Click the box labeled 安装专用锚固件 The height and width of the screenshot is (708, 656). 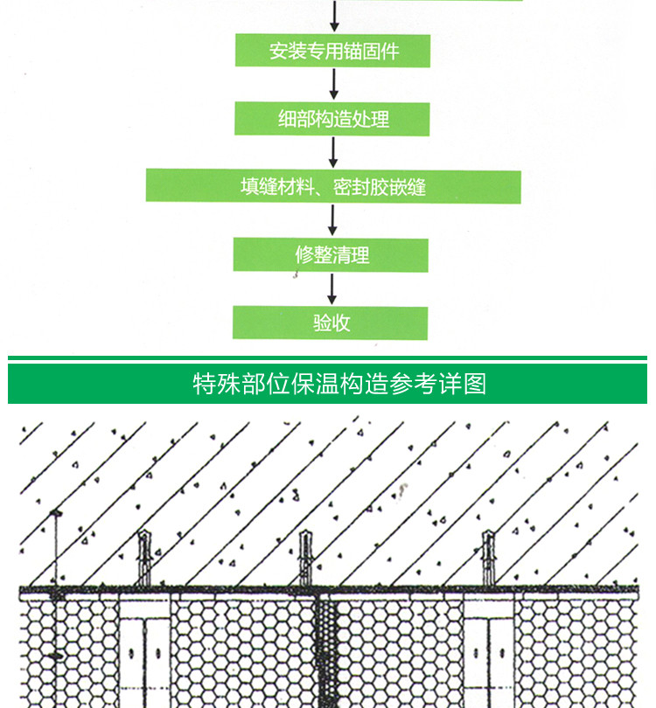(332, 51)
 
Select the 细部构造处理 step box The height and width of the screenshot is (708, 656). (332, 119)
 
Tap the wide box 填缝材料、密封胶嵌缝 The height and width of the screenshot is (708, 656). (333, 186)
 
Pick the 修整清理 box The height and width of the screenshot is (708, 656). (331, 255)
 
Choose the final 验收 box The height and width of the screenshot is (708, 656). (331, 323)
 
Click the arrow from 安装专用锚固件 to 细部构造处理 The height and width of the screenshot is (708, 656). (334, 84)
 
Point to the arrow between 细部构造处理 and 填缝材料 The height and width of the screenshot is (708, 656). (333, 152)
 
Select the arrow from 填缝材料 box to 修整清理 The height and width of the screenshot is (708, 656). (332, 220)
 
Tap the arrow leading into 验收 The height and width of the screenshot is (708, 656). (331, 289)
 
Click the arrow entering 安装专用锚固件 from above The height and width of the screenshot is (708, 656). (334, 16)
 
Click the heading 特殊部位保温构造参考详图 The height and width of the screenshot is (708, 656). (339, 384)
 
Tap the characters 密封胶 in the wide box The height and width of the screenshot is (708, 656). (360, 186)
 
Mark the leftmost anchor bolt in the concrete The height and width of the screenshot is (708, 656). (144, 558)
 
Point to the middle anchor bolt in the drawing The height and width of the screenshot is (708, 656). (306, 558)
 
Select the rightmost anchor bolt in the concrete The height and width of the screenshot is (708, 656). (488, 558)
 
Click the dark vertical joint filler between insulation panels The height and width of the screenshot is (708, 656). (325, 651)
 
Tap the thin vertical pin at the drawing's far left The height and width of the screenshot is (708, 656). (56, 609)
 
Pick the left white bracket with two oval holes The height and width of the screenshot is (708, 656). (144, 650)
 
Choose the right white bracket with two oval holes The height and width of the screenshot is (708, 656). (489, 650)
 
